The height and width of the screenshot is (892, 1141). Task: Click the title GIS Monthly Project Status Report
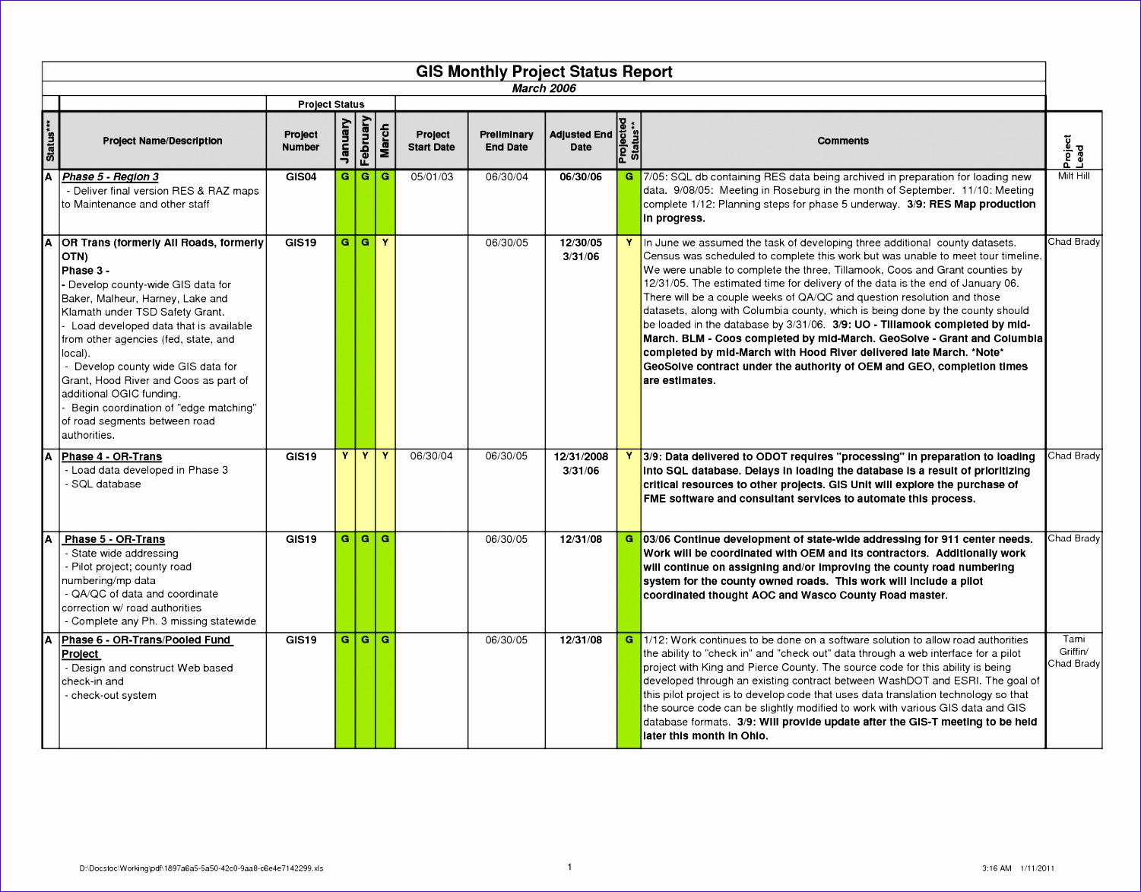(544, 71)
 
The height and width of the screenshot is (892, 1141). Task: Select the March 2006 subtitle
(544, 88)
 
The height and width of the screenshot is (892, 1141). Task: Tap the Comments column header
(842, 141)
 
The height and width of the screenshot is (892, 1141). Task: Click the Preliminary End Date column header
(506, 141)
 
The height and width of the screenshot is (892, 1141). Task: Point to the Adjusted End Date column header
(581, 141)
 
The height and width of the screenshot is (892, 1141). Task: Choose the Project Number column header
(300, 141)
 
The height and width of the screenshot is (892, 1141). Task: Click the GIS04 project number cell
(300, 176)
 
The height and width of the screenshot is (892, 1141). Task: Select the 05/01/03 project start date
(432, 176)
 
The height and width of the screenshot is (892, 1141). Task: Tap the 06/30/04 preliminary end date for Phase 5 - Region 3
(506, 176)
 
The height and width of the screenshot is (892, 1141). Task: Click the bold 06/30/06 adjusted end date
(581, 176)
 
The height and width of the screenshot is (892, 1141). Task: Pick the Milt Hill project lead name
(1073, 176)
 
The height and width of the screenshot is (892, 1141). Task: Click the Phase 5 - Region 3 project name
(110, 176)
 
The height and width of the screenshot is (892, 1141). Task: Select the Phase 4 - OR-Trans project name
(112, 456)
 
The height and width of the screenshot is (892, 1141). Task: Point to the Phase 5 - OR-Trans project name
(114, 539)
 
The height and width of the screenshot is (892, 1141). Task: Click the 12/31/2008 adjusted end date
(581, 456)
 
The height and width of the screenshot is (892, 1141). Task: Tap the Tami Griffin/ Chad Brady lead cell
(1073, 651)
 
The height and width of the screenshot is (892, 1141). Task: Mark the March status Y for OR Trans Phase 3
(385, 243)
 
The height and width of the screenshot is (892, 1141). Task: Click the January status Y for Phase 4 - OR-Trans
(345, 456)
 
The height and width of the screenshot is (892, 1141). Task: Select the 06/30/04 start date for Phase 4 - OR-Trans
(432, 456)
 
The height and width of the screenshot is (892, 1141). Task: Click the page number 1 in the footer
(569, 867)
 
